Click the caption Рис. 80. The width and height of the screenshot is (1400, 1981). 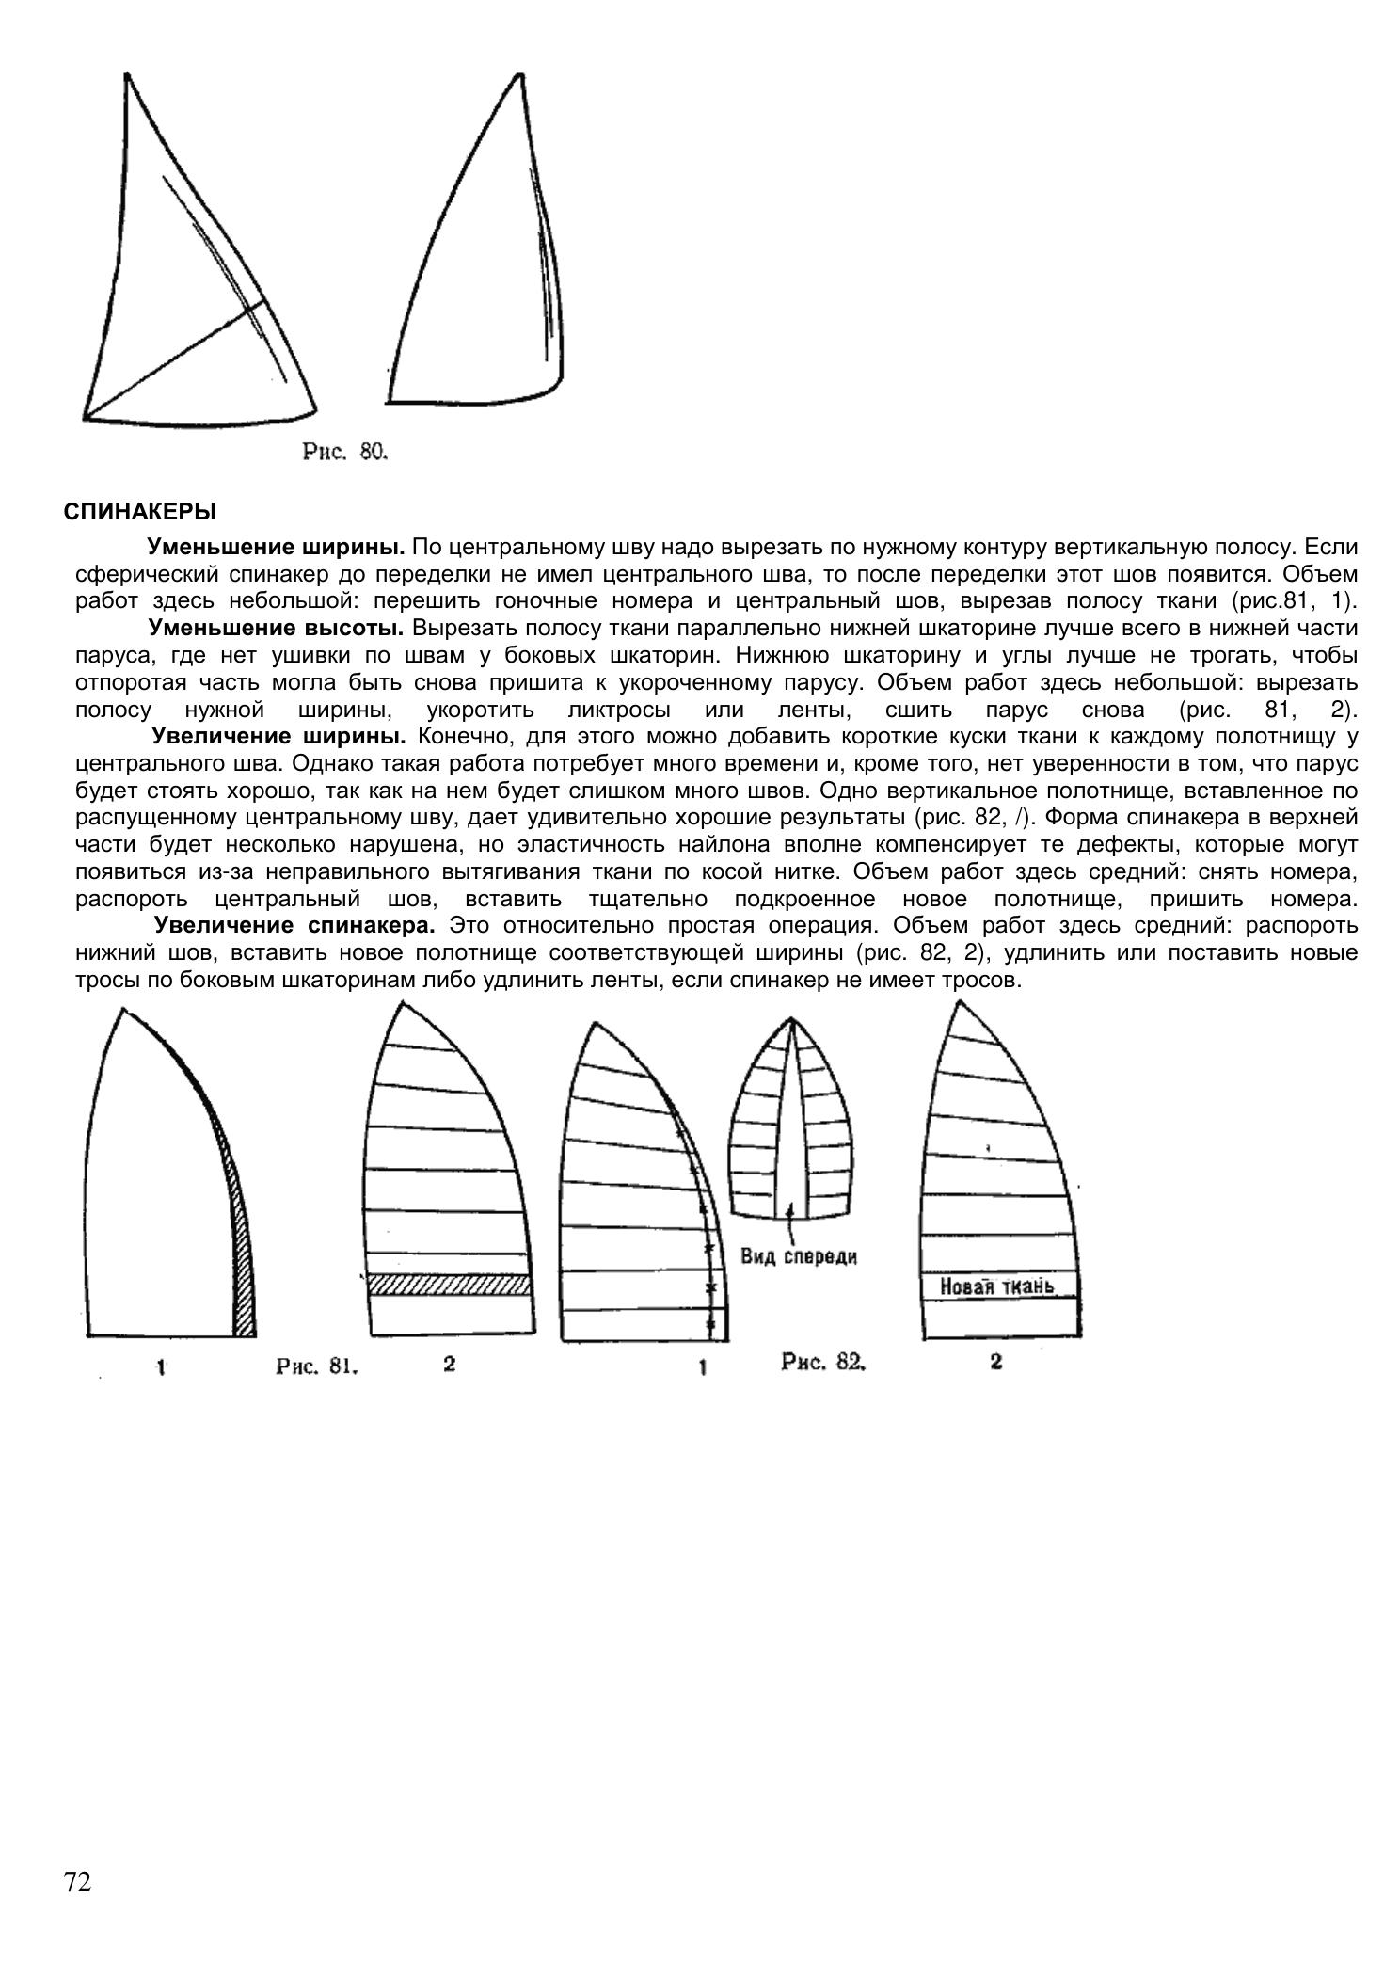[x=344, y=452]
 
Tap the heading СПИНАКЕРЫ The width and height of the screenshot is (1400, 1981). [x=139, y=512]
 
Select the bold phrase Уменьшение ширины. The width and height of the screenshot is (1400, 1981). [x=276, y=547]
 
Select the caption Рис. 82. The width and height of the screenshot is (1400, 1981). [x=822, y=1361]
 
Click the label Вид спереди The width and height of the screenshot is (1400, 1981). [x=799, y=1255]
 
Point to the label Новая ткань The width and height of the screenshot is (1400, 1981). [x=996, y=1286]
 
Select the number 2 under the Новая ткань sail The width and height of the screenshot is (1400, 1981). [x=995, y=1361]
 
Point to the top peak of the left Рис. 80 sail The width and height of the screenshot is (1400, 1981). [x=126, y=74]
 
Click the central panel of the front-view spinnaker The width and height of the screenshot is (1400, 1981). [x=790, y=1129]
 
